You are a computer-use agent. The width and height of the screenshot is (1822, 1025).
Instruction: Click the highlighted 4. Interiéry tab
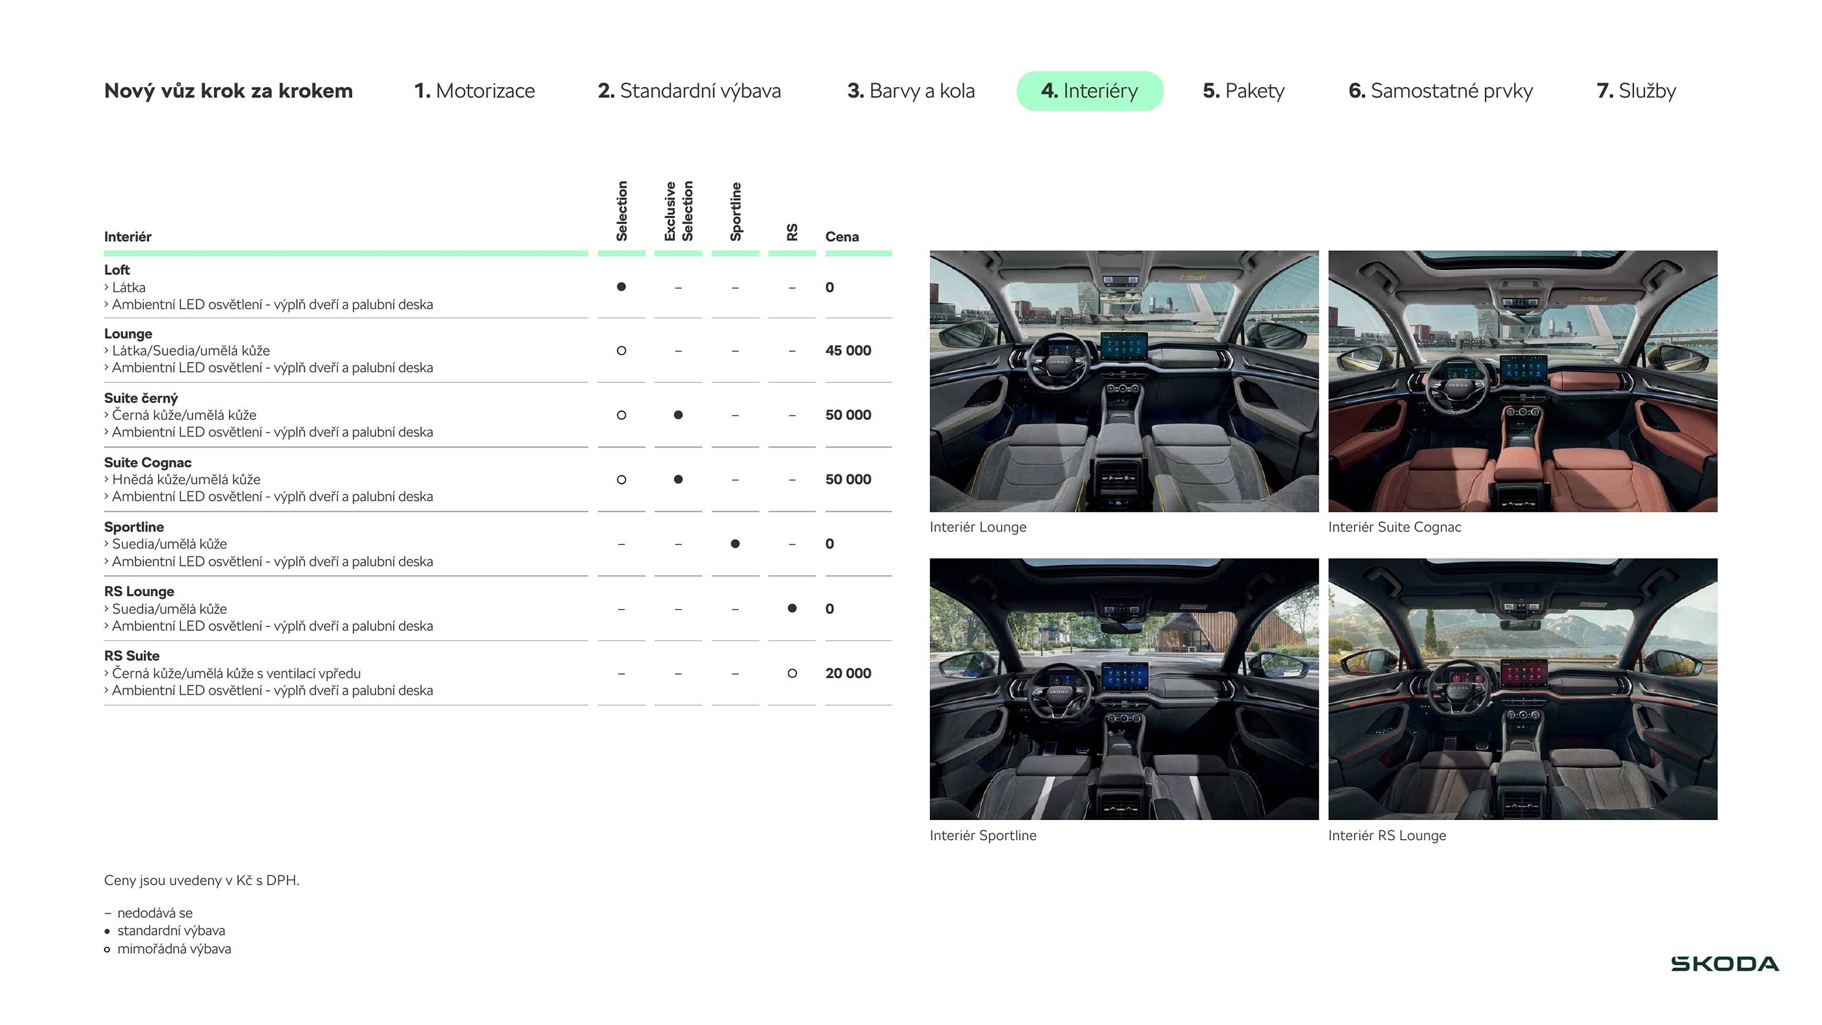point(1089,91)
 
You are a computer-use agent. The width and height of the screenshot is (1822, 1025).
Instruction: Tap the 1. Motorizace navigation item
point(474,91)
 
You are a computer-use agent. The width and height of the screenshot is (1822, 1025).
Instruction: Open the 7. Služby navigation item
point(1635,91)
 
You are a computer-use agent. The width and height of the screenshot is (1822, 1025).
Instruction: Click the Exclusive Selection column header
point(677,211)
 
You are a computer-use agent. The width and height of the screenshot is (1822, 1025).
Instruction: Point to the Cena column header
point(842,237)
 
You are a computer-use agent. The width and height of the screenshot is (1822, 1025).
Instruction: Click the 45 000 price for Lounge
point(847,350)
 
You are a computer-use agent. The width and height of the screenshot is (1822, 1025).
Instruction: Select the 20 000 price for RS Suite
point(847,673)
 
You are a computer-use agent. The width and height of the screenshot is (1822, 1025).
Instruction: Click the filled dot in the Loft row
point(621,286)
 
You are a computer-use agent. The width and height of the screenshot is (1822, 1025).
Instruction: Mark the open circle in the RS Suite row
point(792,673)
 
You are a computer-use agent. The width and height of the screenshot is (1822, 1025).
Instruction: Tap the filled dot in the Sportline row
point(735,543)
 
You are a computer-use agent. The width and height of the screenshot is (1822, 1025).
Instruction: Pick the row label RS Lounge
point(139,591)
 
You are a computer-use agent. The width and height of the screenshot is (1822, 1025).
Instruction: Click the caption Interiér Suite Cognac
point(1394,526)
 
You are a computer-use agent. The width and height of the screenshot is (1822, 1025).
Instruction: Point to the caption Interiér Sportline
point(982,835)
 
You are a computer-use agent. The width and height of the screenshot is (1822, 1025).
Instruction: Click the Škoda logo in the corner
point(1725,963)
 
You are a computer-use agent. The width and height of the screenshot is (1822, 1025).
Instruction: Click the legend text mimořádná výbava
point(174,949)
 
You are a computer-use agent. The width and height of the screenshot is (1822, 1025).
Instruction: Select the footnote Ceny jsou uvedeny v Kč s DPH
point(201,880)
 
